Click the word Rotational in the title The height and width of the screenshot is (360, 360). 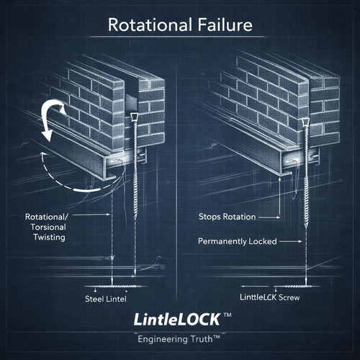(150, 24)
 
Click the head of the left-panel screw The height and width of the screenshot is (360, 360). (134, 117)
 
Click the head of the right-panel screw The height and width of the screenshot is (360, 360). (305, 122)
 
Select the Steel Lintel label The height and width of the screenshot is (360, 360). (106, 299)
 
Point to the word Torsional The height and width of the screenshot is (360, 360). (48, 227)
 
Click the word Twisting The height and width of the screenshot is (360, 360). (49, 237)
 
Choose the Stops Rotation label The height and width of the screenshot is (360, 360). (227, 217)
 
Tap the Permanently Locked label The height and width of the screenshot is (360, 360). (238, 241)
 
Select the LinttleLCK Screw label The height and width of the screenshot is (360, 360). (270, 297)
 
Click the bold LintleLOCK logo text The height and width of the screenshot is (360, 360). (177, 320)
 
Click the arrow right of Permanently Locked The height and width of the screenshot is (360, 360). (291, 241)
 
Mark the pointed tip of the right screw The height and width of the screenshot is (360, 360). (306, 228)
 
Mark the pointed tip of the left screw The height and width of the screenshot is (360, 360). (135, 219)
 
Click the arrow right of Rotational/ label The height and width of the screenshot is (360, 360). (91, 215)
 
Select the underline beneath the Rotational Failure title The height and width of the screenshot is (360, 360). (177, 37)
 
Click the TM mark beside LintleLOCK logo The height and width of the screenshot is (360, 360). (228, 315)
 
